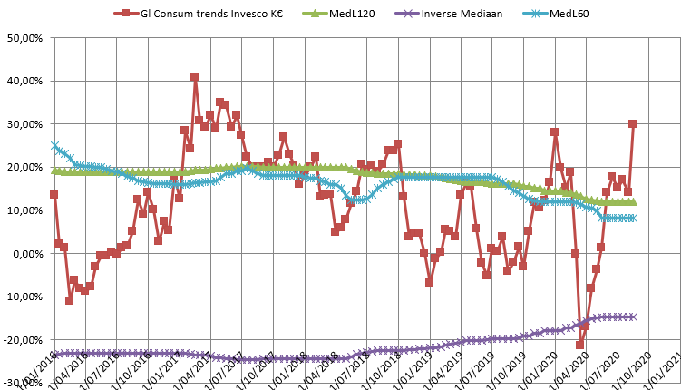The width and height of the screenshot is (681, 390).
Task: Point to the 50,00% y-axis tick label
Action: tap(24, 38)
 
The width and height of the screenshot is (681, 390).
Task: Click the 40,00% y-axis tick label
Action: tap(24, 81)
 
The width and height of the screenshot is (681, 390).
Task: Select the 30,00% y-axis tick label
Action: tap(24, 124)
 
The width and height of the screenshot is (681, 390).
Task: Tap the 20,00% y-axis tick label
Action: tap(24, 167)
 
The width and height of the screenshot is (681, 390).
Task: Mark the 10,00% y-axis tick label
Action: tap(24, 210)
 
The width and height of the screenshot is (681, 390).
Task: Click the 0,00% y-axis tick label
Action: tap(27, 253)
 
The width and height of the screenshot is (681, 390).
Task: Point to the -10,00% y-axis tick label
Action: tap(23, 297)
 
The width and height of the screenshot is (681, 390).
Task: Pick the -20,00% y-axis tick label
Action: tap(23, 339)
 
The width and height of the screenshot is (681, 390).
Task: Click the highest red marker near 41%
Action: tap(194, 77)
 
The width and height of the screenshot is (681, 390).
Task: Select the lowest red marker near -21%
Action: tap(580, 345)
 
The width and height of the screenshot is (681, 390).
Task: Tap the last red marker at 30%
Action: tap(632, 124)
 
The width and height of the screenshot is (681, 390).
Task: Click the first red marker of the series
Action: tap(54, 194)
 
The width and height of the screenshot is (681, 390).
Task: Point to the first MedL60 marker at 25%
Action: tap(54, 145)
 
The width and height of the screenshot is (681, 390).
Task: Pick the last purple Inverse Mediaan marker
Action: tap(632, 317)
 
